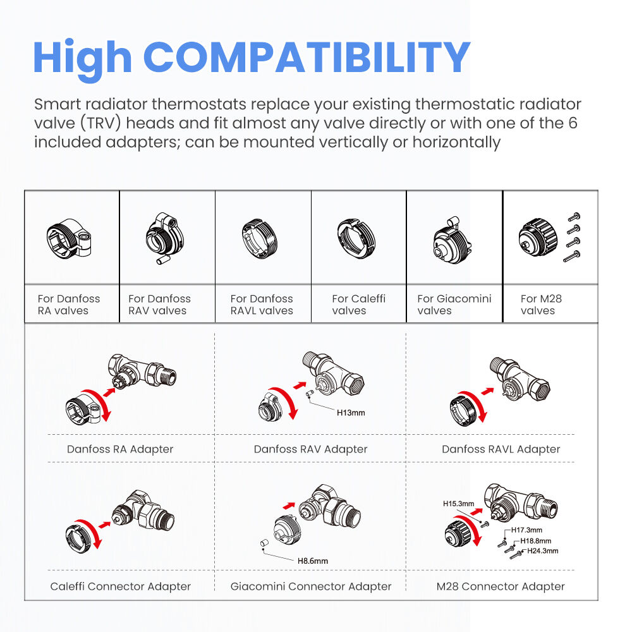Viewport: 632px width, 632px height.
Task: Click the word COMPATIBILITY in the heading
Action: pos(310,58)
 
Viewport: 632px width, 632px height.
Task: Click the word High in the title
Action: pos(82,58)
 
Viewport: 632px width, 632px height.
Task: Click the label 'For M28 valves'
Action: pos(540,305)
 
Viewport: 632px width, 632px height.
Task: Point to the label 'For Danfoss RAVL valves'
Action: pos(262,305)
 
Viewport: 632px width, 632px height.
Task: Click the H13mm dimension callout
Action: pos(351,413)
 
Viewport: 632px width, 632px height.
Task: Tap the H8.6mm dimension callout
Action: pos(313,561)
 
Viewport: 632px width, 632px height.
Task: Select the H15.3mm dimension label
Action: pos(458,504)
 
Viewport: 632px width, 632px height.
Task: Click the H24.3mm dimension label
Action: pos(542,551)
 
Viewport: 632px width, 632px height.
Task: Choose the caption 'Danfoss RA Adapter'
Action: pos(120,449)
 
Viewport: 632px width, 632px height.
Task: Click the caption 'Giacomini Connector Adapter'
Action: pos(311,586)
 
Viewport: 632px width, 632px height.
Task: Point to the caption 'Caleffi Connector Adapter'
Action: pos(120,586)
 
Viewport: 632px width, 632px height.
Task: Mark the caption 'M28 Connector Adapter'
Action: pos(501,586)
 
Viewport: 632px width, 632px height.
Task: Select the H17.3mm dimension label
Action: pos(526,530)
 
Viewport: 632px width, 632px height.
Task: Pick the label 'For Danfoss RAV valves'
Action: pos(159,305)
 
